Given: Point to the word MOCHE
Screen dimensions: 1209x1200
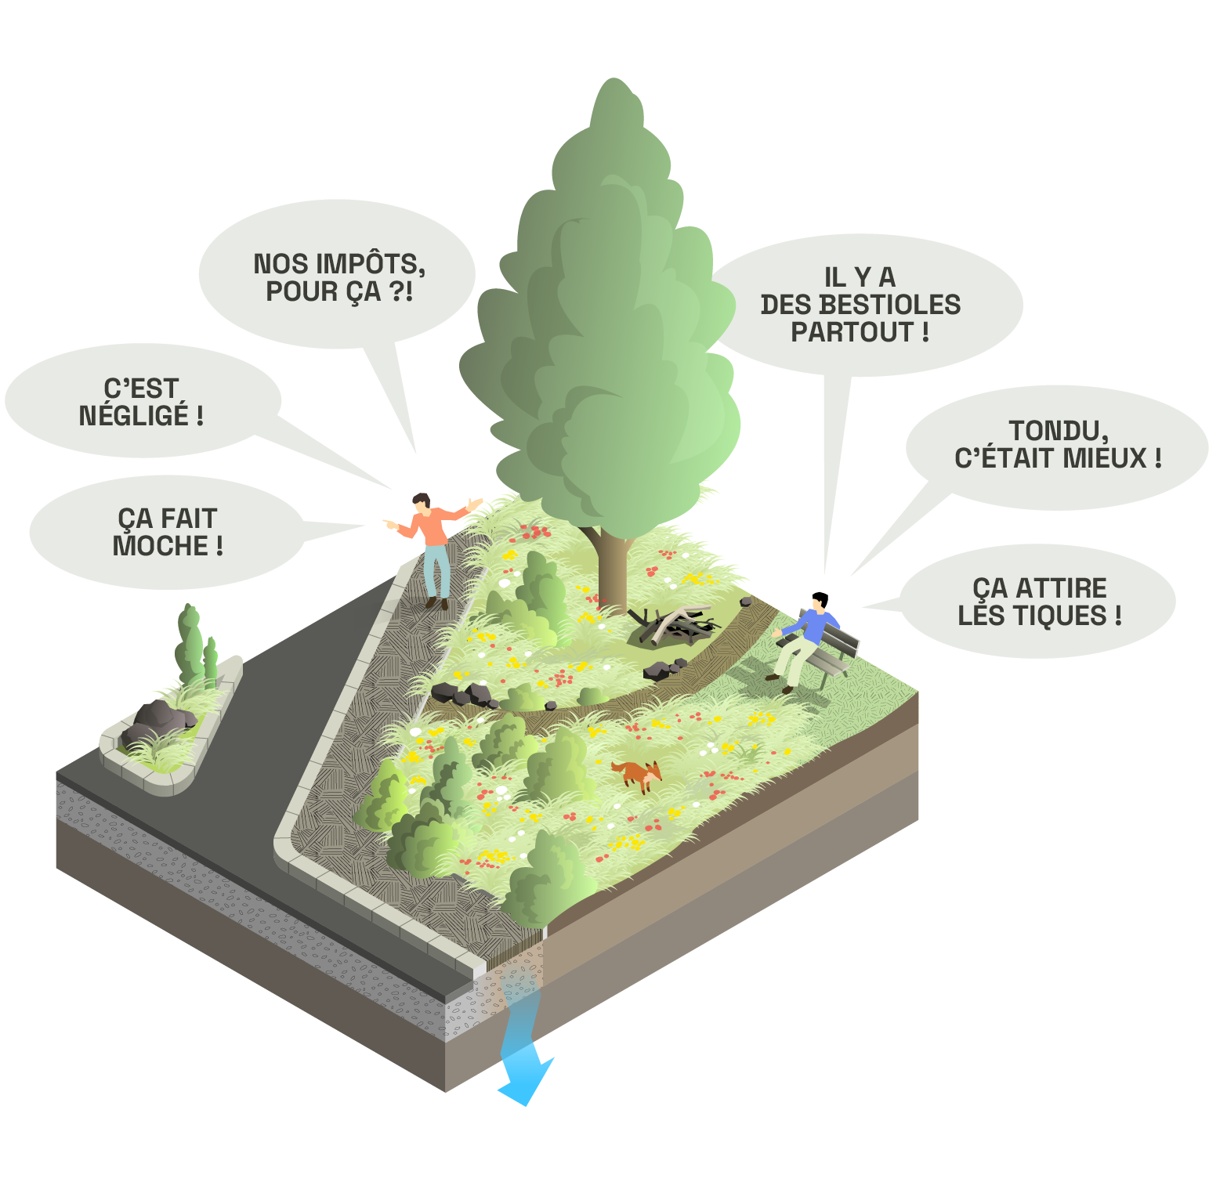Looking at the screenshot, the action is (x=161, y=545).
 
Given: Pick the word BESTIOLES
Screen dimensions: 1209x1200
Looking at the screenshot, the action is (x=860, y=304).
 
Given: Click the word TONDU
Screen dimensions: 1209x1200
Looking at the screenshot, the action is (x=1057, y=430).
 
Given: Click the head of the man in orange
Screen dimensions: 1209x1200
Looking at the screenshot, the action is (x=422, y=501).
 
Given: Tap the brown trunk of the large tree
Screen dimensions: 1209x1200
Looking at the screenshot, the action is (x=612, y=568).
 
